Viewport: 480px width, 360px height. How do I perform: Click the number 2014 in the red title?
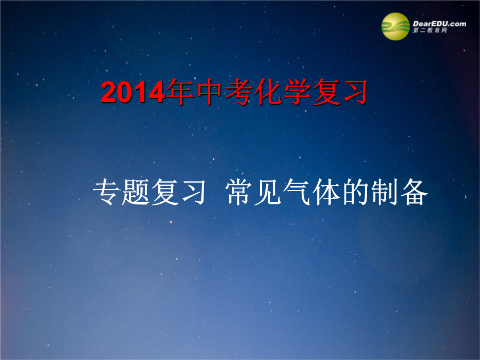pyautogui.click(x=133, y=92)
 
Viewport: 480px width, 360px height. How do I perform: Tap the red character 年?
pyautogui.click(x=180, y=92)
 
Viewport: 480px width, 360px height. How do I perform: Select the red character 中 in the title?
pyautogui.click(x=209, y=92)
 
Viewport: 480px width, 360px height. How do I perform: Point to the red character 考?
pyautogui.click(x=239, y=92)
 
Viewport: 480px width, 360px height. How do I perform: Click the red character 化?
pyautogui.click(x=268, y=92)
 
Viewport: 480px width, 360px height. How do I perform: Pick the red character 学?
pyautogui.click(x=297, y=92)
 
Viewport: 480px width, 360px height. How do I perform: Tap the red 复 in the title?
pyautogui.click(x=326, y=92)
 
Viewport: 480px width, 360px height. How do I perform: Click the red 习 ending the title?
pyautogui.click(x=355, y=92)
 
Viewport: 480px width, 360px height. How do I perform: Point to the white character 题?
pyautogui.click(x=135, y=192)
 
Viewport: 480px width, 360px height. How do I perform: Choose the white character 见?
pyautogui.click(x=267, y=192)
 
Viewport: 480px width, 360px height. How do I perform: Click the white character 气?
pyautogui.click(x=296, y=192)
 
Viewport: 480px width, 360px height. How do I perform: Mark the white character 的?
pyautogui.click(x=356, y=192)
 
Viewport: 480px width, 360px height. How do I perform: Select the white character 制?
pyautogui.click(x=384, y=192)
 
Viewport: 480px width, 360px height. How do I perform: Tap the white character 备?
pyautogui.click(x=414, y=192)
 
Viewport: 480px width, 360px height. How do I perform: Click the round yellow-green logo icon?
pyautogui.click(x=395, y=26)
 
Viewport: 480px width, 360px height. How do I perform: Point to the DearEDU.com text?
pyautogui.click(x=439, y=24)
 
